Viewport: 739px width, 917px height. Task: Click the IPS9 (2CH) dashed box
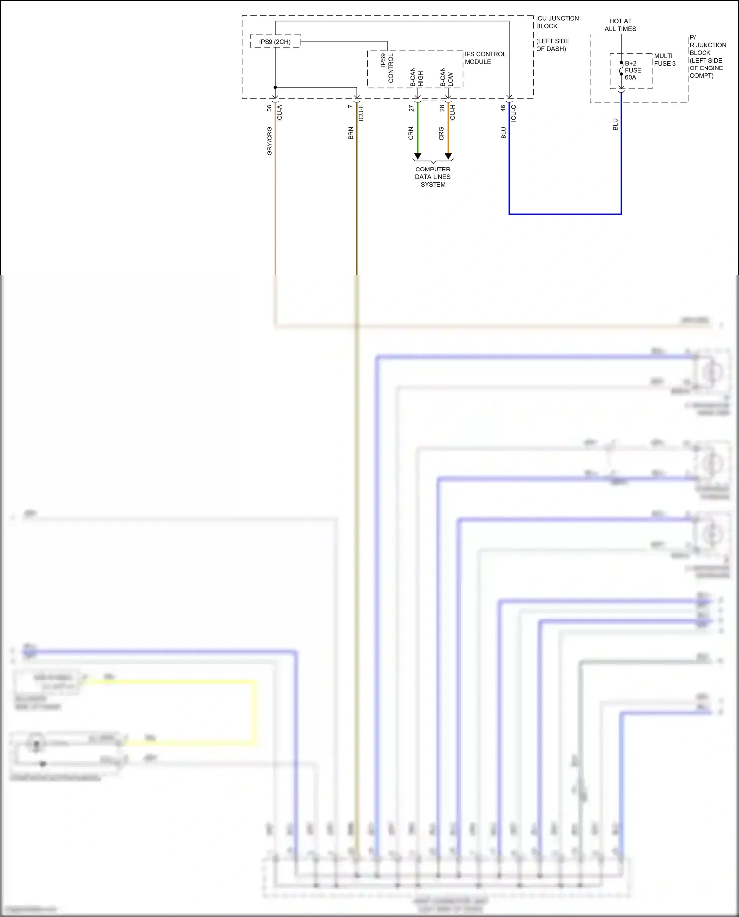click(x=275, y=42)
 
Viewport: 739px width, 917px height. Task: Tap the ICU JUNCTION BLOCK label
click(x=557, y=22)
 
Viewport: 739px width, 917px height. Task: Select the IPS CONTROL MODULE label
click(x=485, y=58)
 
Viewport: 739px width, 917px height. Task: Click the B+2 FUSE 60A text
click(x=633, y=70)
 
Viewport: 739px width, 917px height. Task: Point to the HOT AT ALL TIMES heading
click(x=620, y=25)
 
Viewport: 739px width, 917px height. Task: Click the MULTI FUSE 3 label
click(x=665, y=60)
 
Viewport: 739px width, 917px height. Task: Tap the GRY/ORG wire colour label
click(x=269, y=141)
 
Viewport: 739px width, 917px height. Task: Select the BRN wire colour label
click(x=351, y=134)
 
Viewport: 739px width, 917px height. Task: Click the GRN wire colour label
click(x=411, y=134)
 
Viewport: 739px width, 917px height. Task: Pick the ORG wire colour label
click(x=441, y=134)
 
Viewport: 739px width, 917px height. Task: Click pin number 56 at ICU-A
click(x=269, y=108)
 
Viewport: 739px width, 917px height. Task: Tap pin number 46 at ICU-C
click(x=503, y=108)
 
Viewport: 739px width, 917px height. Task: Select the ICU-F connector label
click(x=361, y=113)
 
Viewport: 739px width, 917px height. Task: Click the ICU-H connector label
click(x=452, y=113)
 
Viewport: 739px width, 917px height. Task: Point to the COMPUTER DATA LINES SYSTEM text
click(x=433, y=177)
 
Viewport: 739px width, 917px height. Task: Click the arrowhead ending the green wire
click(x=418, y=156)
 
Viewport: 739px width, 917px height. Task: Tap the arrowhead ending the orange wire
click(x=448, y=156)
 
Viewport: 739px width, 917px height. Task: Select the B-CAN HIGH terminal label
click(x=417, y=77)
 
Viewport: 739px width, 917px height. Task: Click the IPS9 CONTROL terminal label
click(x=387, y=68)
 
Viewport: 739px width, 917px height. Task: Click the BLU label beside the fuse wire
click(x=615, y=124)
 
